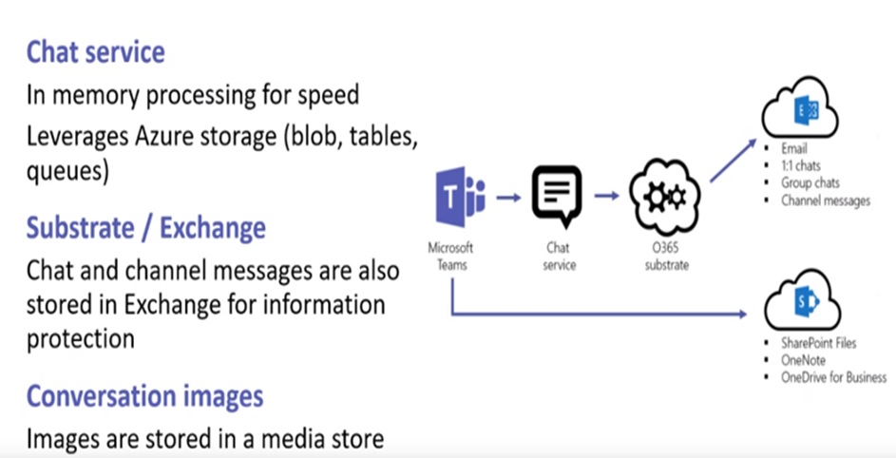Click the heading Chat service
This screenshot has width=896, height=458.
tap(95, 51)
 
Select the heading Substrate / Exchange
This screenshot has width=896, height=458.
tap(145, 228)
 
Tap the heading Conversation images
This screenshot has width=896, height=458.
tap(144, 395)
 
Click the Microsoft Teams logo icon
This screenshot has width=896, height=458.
tap(461, 199)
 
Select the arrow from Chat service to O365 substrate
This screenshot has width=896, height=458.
tap(608, 198)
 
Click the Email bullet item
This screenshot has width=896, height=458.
tap(794, 148)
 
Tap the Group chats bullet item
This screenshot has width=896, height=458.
tap(810, 182)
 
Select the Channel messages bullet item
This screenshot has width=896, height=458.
tap(826, 200)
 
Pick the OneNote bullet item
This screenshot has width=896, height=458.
tap(804, 360)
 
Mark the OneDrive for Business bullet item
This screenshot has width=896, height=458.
tap(833, 377)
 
